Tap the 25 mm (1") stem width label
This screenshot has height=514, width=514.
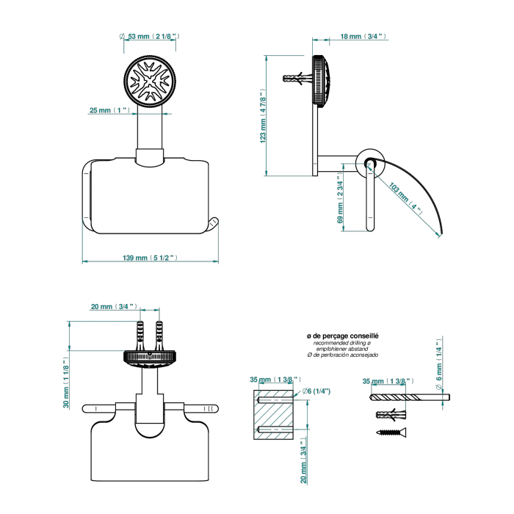pos(109,110)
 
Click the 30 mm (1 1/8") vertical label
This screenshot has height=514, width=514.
pos(67,383)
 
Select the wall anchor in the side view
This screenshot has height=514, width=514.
pos(297,78)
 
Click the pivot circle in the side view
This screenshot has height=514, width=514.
pos(366,162)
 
